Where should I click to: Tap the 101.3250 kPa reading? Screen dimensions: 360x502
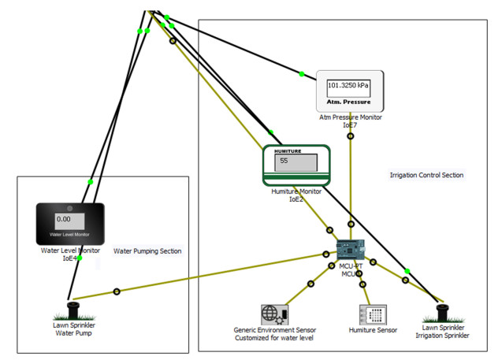pyautogui.click(x=348, y=85)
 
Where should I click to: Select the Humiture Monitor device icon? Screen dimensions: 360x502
pyautogui.click(x=296, y=165)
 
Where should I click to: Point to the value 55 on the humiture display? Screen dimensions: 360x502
pyautogui.click(x=284, y=161)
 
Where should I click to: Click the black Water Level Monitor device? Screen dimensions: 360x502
pyautogui.click(x=70, y=224)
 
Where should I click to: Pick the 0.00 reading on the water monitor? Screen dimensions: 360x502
pyautogui.click(x=64, y=219)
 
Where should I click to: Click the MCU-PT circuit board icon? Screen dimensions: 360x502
pyautogui.click(x=351, y=250)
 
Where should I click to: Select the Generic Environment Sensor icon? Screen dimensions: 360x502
pyautogui.click(x=274, y=315)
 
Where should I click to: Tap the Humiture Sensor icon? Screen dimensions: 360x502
pyautogui.click(x=373, y=315)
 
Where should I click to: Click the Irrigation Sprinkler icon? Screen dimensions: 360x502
pyautogui.click(x=442, y=313)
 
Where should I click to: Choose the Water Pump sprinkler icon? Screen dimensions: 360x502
pyautogui.click(x=73, y=309)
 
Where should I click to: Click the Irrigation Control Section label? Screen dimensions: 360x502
pyautogui.click(x=426, y=175)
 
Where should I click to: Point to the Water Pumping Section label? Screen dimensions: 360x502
pyautogui.click(x=147, y=251)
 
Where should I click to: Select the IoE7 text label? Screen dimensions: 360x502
pyautogui.click(x=350, y=125)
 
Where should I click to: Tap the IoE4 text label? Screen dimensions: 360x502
pyautogui.click(x=70, y=258)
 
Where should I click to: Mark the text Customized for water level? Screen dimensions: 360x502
pyautogui.click(x=274, y=338)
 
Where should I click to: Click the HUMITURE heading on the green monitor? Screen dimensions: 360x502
pyautogui.click(x=288, y=150)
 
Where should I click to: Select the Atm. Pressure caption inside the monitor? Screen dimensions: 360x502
pyautogui.click(x=348, y=102)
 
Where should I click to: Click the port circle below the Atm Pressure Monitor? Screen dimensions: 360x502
pyautogui.click(x=351, y=136)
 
